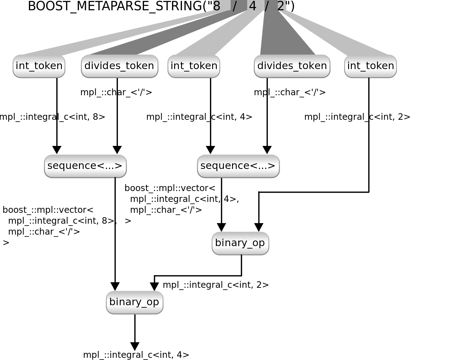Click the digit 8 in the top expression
tap(217, 6)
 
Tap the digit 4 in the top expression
tap(253, 6)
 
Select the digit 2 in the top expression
tap(281, 6)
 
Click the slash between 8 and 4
tap(235, 6)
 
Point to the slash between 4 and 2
tap(267, 6)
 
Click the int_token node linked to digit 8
tap(39, 66)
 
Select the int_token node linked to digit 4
tap(194, 66)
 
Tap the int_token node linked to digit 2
tap(370, 66)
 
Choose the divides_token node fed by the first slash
tap(119, 66)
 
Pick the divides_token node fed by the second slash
tap(292, 66)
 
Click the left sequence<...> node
tap(85, 166)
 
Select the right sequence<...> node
tap(238, 166)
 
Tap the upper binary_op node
tap(240, 243)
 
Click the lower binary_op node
tap(134, 302)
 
